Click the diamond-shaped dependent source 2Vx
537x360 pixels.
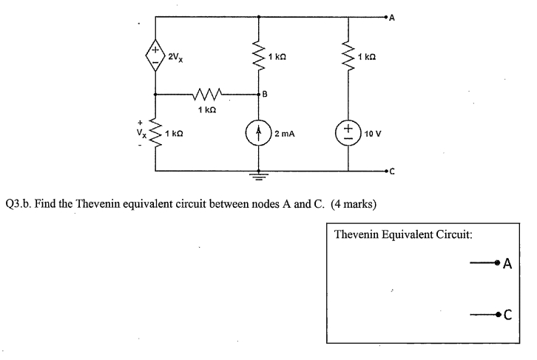pos(155,56)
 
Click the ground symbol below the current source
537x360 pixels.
pos(258,176)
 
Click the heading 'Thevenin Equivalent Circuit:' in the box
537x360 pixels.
pos(403,235)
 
